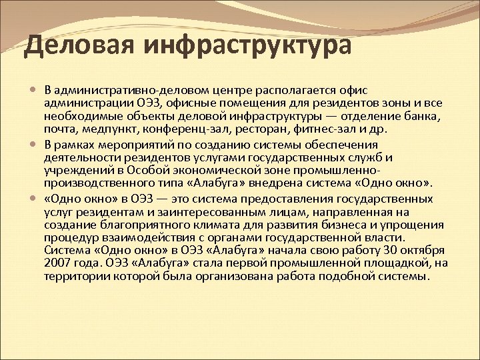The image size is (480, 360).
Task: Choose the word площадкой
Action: click(x=393, y=263)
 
